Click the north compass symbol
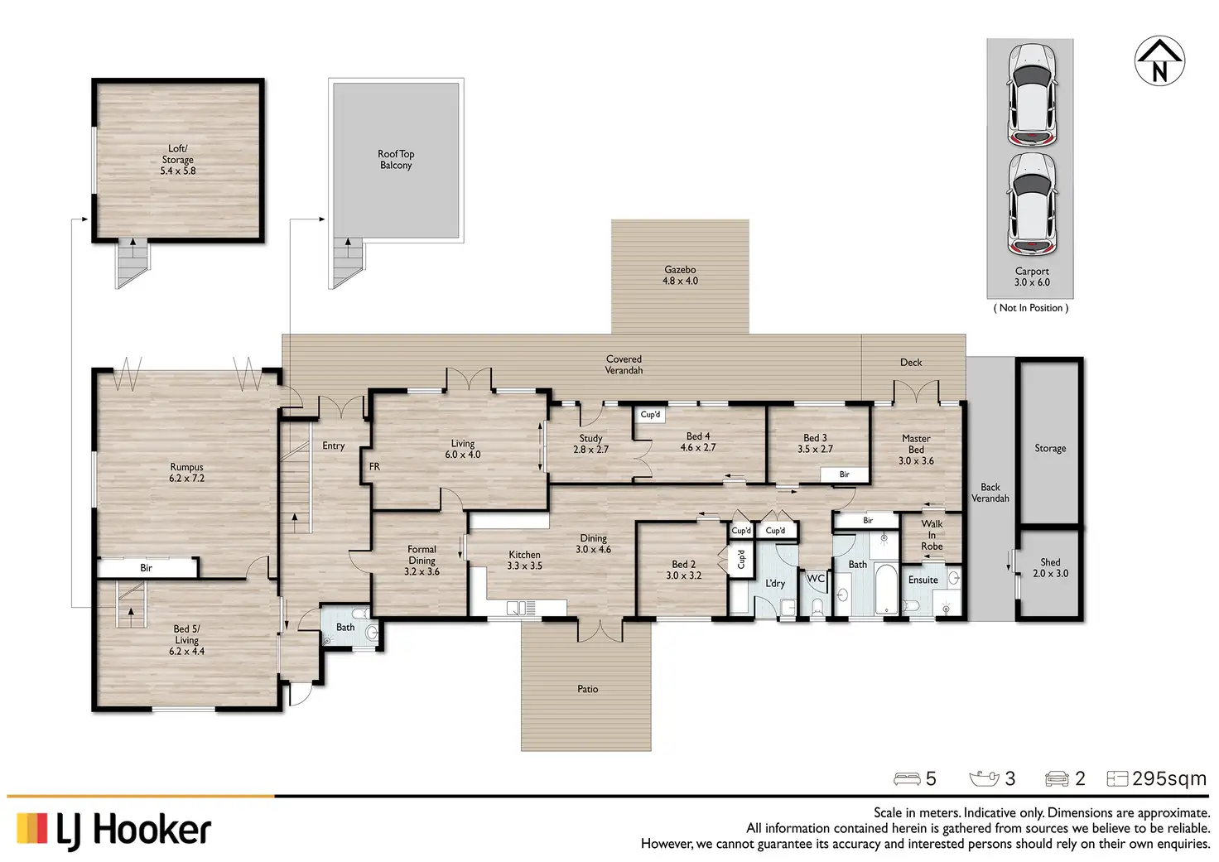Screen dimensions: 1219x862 1159,61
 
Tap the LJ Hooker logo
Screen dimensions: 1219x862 113,831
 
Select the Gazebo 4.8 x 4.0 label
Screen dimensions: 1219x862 680,276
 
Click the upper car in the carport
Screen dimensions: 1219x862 1032,94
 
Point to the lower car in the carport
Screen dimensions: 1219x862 1032,205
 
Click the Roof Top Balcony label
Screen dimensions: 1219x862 396,160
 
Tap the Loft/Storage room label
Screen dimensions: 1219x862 178,160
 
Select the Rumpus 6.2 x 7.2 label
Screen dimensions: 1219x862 186,472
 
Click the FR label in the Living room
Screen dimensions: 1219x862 374,466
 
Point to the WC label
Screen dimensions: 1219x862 815,579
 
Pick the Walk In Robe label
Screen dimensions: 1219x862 932,535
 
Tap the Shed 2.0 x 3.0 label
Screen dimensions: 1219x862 1050,567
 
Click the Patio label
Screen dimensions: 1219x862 588,689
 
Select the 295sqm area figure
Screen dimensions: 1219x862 1169,778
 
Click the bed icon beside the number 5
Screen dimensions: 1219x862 907,779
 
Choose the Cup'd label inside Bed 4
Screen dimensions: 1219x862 650,415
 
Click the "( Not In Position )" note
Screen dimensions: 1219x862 1031,308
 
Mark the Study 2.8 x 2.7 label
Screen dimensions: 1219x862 591,444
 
